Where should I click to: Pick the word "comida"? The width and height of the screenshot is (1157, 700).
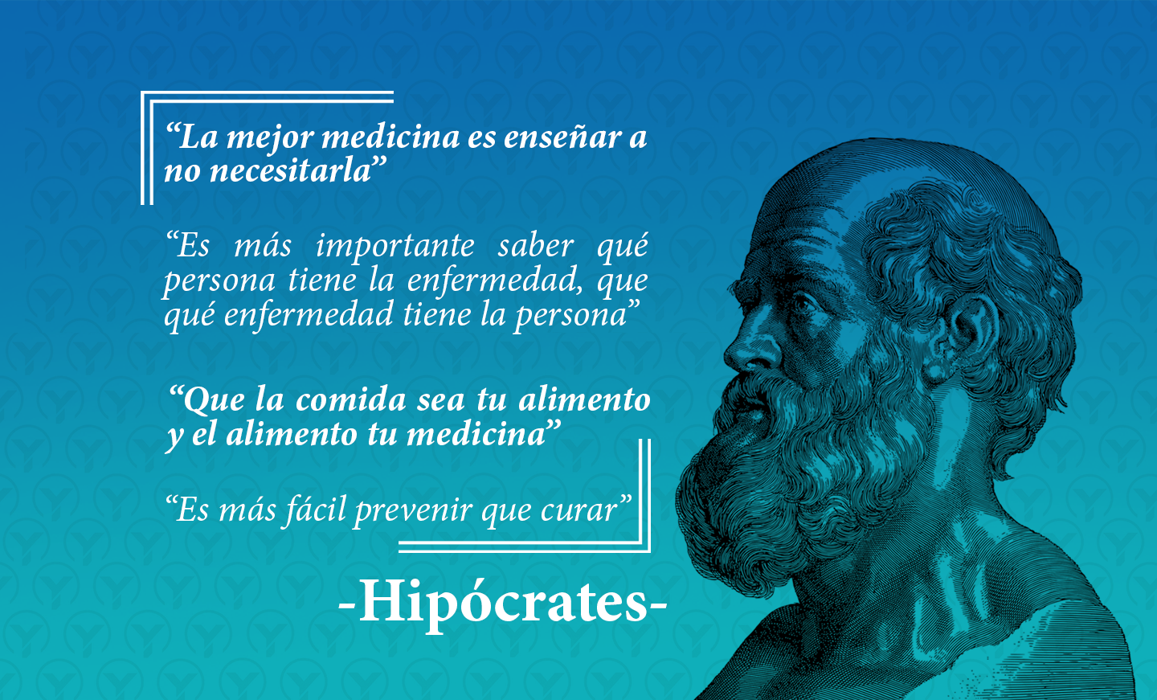point(350,400)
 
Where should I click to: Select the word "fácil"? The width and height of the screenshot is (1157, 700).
point(313,510)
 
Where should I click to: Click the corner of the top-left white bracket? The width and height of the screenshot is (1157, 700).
point(142,93)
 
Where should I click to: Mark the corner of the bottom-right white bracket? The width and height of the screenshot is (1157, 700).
point(648,550)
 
